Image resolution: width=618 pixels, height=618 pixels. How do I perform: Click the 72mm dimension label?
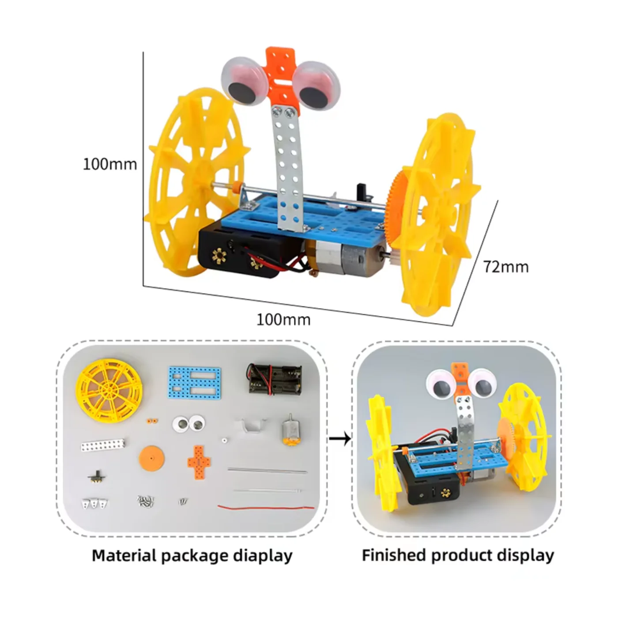(505, 267)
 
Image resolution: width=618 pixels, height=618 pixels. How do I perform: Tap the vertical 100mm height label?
(110, 164)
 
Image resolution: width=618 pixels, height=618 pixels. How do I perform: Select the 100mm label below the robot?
(283, 319)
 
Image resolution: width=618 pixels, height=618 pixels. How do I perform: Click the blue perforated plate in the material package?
(194, 381)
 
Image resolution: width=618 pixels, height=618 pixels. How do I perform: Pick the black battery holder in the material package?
(274, 378)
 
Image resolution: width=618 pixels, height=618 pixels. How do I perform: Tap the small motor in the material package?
(290, 430)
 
